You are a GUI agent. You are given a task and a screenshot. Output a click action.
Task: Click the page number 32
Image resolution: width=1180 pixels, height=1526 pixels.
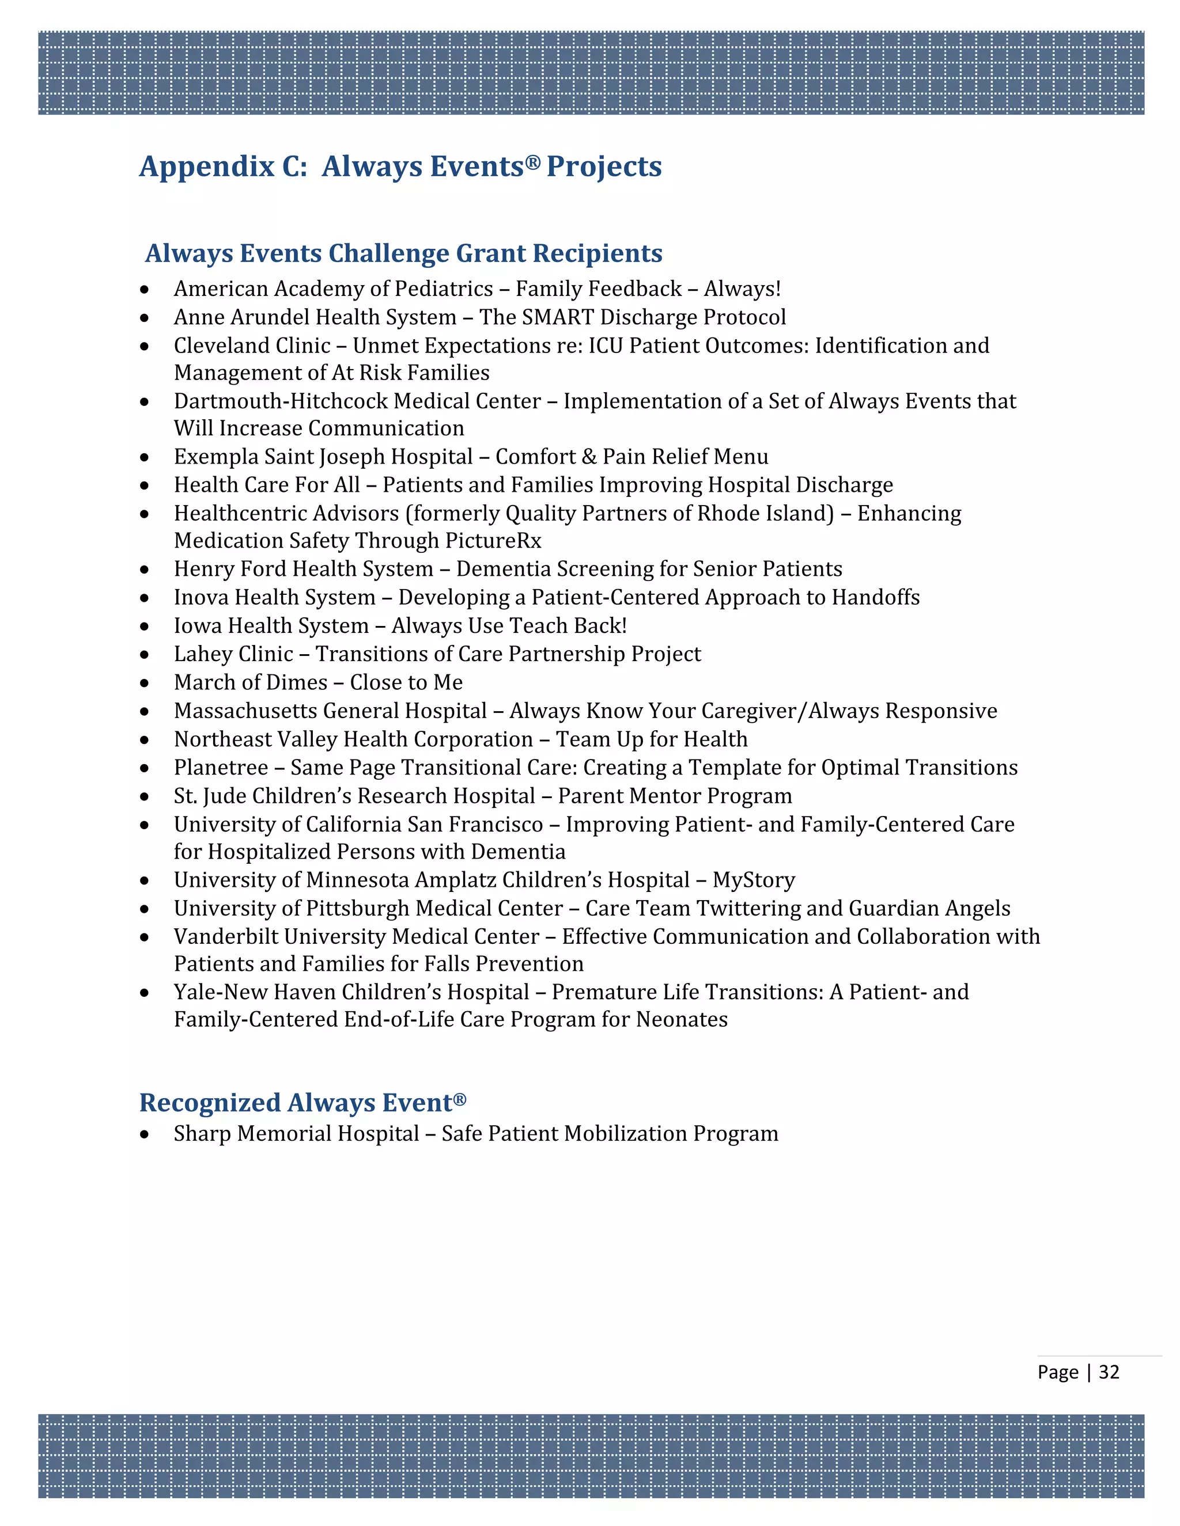click(x=1109, y=1372)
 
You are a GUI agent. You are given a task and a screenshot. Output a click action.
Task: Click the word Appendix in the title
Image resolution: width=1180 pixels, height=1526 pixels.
click(x=207, y=166)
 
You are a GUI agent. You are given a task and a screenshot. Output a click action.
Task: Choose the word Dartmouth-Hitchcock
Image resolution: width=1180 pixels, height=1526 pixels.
click(x=281, y=401)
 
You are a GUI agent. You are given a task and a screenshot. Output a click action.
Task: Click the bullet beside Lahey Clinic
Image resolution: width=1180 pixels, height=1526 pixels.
click(x=145, y=655)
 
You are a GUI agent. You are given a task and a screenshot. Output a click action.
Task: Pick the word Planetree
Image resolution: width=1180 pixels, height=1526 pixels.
click(x=221, y=767)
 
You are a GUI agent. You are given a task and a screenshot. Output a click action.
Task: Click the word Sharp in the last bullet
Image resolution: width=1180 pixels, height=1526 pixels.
click(x=202, y=1133)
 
